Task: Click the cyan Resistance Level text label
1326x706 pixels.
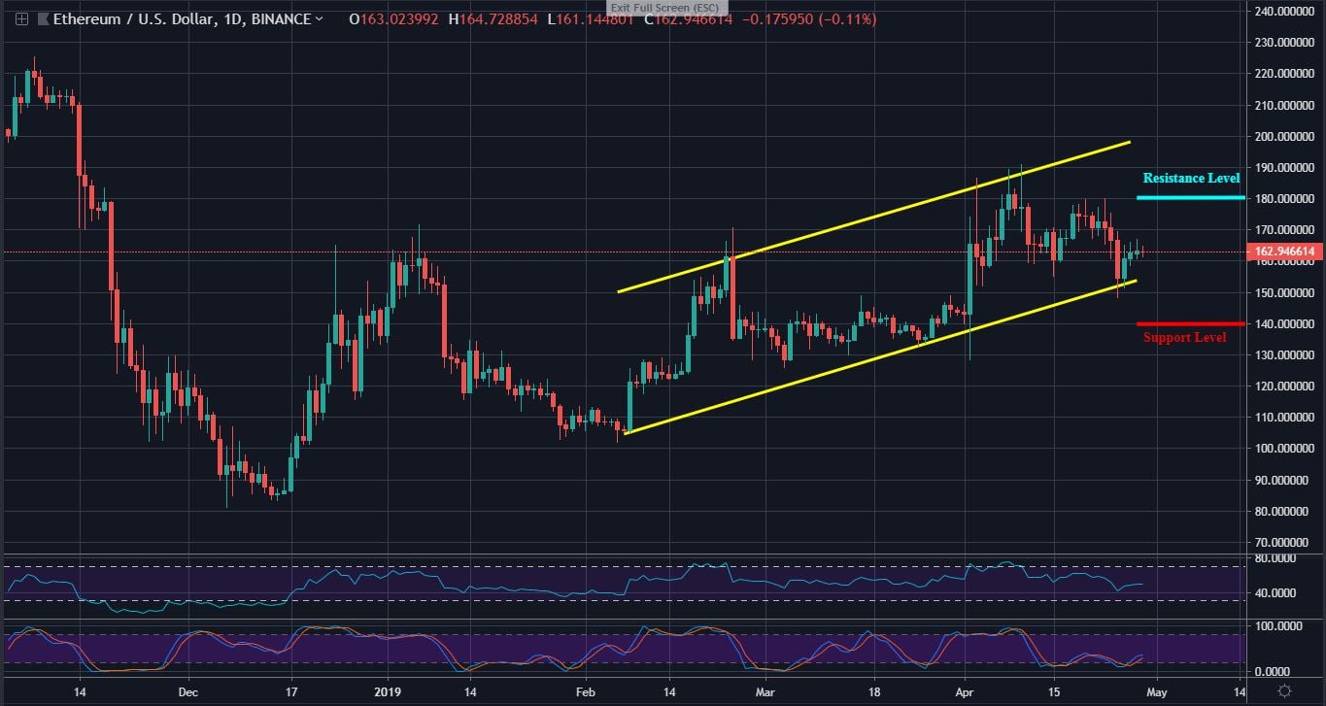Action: (1191, 179)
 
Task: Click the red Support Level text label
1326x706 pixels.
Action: (1184, 338)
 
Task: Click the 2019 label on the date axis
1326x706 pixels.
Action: (388, 691)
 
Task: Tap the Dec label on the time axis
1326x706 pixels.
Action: (187, 691)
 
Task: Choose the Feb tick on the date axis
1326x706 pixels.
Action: (584, 691)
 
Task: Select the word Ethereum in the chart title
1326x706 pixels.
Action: (85, 19)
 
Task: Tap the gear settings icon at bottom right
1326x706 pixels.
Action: (1284, 690)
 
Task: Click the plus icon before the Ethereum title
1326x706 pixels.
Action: (21, 19)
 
